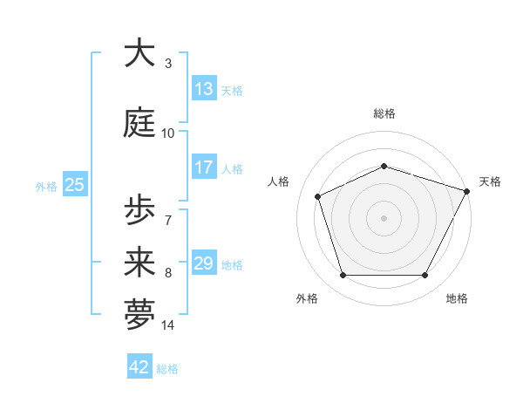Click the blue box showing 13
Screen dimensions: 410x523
point(204,89)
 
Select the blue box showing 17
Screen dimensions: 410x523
point(204,167)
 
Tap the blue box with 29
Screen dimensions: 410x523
point(204,263)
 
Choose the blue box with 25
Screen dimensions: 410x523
point(74,185)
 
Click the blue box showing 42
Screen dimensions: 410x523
point(139,367)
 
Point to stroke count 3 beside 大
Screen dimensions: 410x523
point(167,64)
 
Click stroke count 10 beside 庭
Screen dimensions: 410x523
point(167,133)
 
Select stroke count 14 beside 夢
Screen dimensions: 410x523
point(167,326)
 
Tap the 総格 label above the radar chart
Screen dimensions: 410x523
point(384,113)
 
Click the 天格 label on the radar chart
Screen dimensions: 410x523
point(490,181)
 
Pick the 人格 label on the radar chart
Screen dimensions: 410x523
point(279,181)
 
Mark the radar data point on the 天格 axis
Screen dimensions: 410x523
point(468,190)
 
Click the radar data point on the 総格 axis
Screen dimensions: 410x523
point(384,166)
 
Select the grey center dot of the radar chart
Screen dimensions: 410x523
point(384,217)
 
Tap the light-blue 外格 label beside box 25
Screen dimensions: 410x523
point(46,186)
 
